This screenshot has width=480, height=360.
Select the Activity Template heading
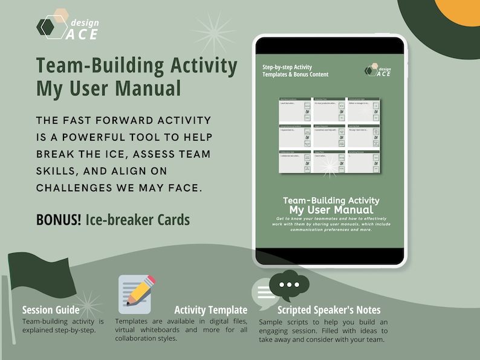tap(210, 310)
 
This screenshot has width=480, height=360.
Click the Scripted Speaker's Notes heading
tap(329, 310)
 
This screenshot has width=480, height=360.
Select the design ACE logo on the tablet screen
tap(378, 70)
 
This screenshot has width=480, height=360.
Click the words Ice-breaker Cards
tap(138, 220)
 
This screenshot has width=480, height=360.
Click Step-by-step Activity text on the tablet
tap(287, 66)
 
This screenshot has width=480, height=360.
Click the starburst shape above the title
tap(213, 33)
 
